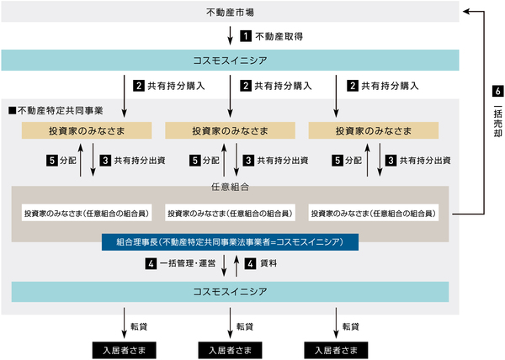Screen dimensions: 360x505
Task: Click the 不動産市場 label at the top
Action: point(230,12)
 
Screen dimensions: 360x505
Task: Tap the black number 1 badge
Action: point(246,36)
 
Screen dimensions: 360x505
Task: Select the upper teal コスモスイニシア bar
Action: point(230,60)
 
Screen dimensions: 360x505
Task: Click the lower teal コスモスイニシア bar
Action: point(230,291)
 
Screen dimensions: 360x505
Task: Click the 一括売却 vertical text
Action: point(497,131)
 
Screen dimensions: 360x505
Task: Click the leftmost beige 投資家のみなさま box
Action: point(86,130)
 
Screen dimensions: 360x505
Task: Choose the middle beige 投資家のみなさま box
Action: point(230,130)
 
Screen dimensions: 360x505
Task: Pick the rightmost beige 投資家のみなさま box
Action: point(373,130)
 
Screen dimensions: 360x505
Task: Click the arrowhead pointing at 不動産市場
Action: point(466,12)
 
